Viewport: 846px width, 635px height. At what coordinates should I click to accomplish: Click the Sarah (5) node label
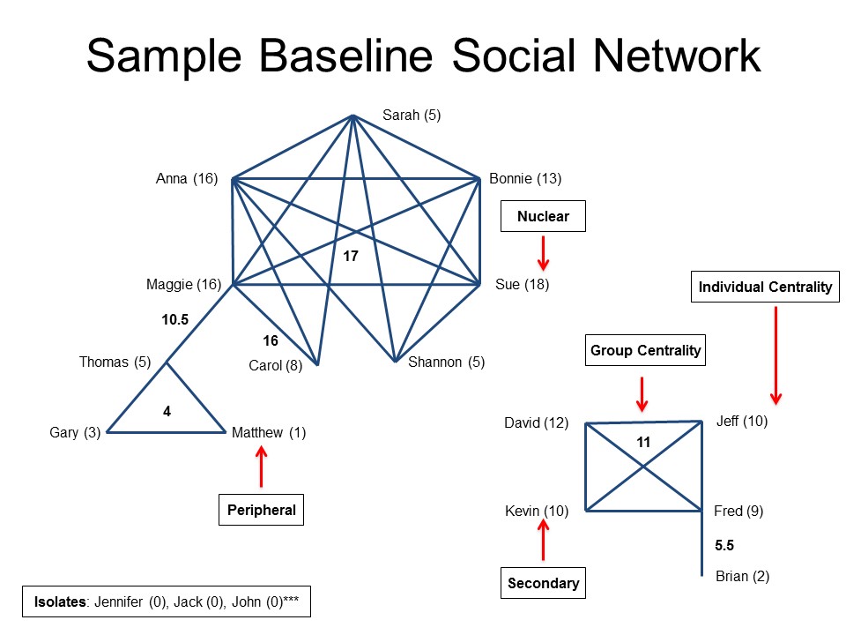pyautogui.click(x=412, y=115)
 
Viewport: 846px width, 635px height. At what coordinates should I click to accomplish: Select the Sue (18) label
pyautogui.click(x=523, y=285)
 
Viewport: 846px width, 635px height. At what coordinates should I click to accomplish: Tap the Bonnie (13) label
pyautogui.click(x=525, y=179)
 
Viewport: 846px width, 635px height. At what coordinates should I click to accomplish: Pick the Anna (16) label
pyautogui.click(x=187, y=179)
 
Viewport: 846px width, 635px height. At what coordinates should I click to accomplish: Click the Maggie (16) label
pyautogui.click(x=184, y=285)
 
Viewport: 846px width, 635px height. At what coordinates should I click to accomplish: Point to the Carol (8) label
pyautogui.click(x=276, y=365)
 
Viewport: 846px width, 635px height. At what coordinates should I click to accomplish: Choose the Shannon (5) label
pyautogui.click(x=446, y=362)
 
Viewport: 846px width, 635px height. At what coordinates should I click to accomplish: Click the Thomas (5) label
pyautogui.click(x=115, y=362)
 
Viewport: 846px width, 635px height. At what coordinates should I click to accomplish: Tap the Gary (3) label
pyautogui.click(x=75, y=432)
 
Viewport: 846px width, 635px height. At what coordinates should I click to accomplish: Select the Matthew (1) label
pyautogui.click(x=269, y=432)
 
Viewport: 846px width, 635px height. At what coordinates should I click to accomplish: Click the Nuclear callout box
pyautogui.click(x=544, y=217)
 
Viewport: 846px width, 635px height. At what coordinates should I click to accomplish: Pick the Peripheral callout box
pyautogui.click(x=261, y=510)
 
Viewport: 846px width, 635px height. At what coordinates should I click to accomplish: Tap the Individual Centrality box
pyautogui.click(x=765, y=287)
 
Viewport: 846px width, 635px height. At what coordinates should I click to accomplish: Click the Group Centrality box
pyautogui.click(x=645, y=350)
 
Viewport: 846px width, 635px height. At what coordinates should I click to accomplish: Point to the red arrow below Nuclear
pyautogui.click(x=544, y=253)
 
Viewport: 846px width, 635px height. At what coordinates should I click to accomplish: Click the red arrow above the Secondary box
pyautogui.click(x=544, y=540)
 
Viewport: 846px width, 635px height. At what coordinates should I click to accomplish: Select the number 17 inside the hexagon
pyautogui.click(x=351, y=256)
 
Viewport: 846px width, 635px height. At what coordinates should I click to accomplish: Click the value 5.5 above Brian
pyautogui.click(x=724, y=545)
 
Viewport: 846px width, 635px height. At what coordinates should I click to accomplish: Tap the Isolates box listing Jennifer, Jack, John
pyautogui.click(x=167, y=601)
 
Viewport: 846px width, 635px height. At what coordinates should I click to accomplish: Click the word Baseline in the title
pyautogui.click(x=345, y=56)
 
